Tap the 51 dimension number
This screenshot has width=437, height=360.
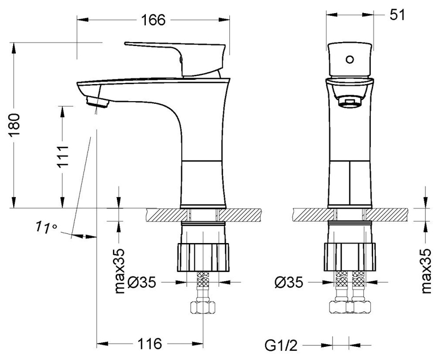point(397,15)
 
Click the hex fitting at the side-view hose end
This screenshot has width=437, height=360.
point(203,307)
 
